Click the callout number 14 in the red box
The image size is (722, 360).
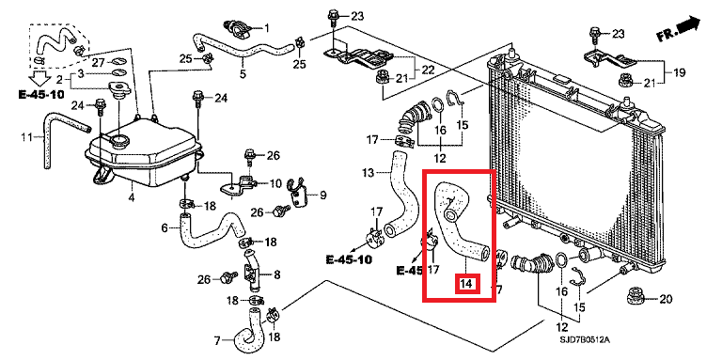tap(466, 282)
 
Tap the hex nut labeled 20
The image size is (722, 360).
tap(635, 300)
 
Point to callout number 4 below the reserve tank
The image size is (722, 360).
tap(131, 196)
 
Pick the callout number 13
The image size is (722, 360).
tap(368, 173)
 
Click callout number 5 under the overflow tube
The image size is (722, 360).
tap(242, 73)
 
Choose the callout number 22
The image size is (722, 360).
tap(427, 70)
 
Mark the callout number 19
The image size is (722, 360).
tap(680, 70)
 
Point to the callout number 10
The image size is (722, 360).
tap(275, 182)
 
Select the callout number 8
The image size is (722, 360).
tap(276, 275)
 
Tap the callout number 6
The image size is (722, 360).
tap(164, 227)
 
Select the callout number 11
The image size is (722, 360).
tap(27, 139)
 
